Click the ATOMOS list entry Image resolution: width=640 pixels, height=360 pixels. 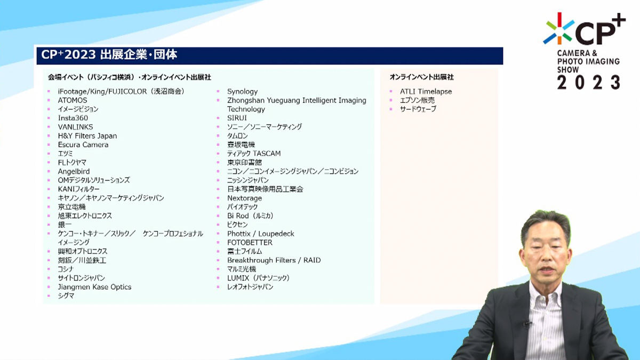tap(73, 100)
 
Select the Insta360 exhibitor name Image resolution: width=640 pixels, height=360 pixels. tap(73, 118)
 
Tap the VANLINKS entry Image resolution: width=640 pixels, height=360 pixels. tap(75, 127)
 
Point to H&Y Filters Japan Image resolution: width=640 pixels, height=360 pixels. tap(87, 135)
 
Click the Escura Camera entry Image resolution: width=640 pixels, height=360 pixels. tap(83, 145)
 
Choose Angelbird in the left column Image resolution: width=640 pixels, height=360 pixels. tap(74, 171)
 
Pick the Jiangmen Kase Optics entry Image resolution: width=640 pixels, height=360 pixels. tap(94, 287)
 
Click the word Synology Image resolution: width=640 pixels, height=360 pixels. tap(242, 91)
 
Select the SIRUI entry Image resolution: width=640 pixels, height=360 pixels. tap(237, 118)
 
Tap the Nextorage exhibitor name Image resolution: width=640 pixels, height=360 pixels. tap(245, 198)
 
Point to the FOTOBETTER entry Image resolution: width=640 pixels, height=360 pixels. tap(250, 243)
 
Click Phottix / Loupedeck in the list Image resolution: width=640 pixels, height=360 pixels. tap(261, 234)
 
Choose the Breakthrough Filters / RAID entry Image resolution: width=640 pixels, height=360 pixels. tap(274, 260)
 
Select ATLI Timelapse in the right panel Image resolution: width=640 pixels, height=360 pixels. tap(426, 91)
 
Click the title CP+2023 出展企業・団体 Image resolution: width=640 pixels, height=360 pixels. tap(109, 54)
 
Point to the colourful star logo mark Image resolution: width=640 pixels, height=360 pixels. tap(559, 29)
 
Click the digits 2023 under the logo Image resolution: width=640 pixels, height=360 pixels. tap(589, 82)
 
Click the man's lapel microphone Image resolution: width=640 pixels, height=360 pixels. tap(526, 324)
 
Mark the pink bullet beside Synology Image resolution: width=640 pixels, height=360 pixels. tap(218, 91)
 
